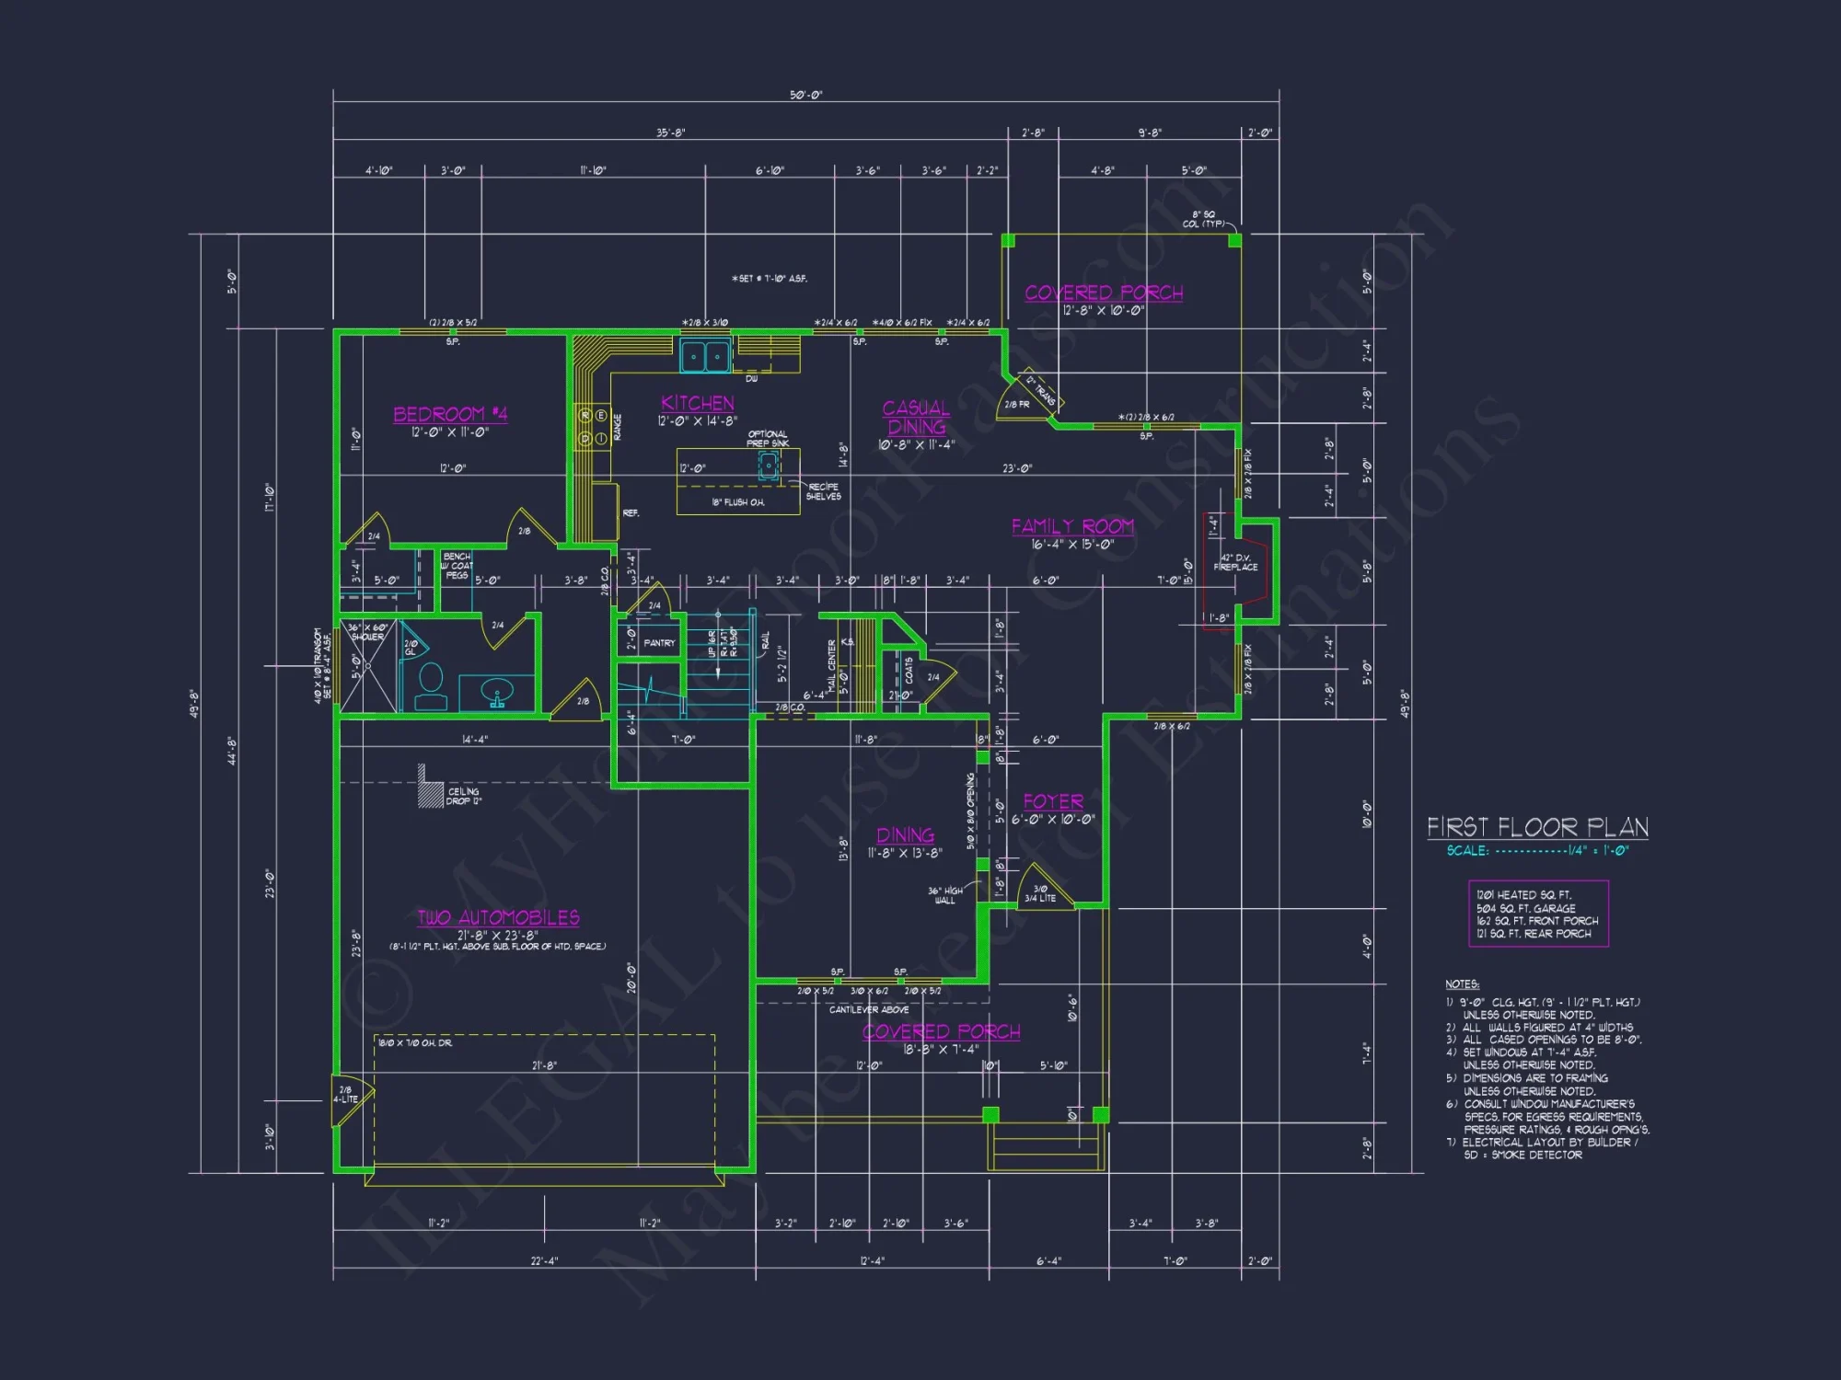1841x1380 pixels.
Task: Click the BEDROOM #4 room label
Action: tap(450, 414)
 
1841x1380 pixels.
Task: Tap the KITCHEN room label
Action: tap(697, 403)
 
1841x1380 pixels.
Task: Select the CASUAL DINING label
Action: tap(916, 417)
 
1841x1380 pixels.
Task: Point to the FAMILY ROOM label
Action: tap(1072, 526)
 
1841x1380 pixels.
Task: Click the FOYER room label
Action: tap(1053, 801)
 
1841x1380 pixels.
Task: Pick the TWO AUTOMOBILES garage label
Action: tap(498, 917)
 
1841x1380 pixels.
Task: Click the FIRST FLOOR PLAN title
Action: tap(1537, 827)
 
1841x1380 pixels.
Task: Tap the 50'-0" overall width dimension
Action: tap(805, 95)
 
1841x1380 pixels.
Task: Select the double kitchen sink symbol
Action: tap(706, 356)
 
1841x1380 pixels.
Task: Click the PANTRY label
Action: tap(659, 643)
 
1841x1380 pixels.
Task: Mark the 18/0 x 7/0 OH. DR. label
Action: tap(415, 1042)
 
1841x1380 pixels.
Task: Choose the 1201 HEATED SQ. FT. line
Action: tap(1523, 894)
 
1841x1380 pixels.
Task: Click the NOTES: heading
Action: tap(1462, 984)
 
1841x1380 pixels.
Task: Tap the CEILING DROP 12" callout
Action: tap(463, 796)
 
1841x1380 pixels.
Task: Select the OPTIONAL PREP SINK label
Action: tap(767, 438)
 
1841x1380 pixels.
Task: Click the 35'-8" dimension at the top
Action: tap(670, 132)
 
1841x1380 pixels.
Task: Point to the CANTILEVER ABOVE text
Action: tap(868, 1009)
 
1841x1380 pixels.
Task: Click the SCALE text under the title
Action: tap(1466, 851)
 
